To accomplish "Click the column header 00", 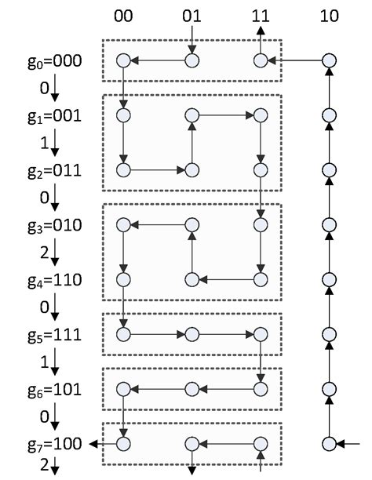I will [122, 16].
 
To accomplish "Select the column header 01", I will [191, 16].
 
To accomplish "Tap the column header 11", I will [261, 16].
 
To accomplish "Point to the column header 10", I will [330, 16].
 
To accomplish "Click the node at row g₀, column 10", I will [330, 60].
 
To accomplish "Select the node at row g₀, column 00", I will [122, 60].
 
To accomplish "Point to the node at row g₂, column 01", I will [191, 169].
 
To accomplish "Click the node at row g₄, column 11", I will [261, 279].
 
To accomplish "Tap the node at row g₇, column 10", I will [330, 444].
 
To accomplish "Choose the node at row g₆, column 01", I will [191, 389].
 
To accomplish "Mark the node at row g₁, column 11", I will [261, 115].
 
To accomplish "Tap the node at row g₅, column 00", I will [122, 334].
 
